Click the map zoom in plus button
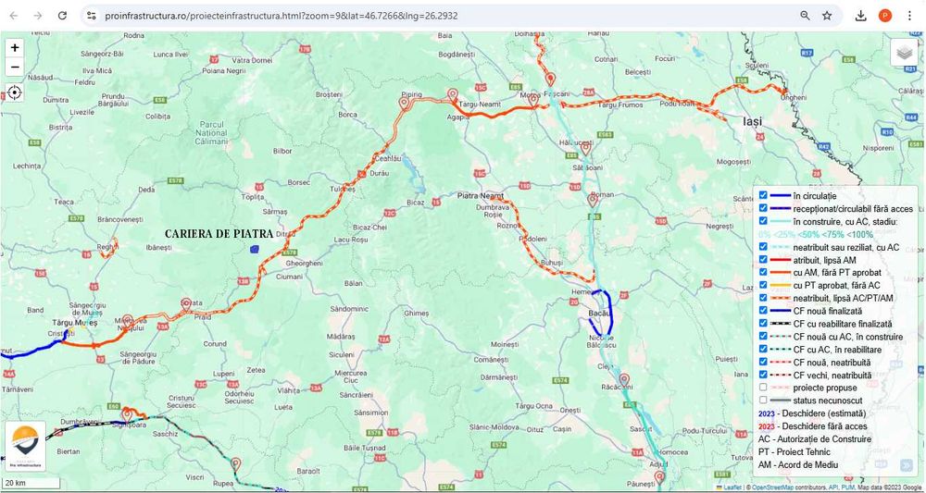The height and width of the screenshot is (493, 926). click(x=15, y=47)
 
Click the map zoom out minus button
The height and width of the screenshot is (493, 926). click(x=15, y=67)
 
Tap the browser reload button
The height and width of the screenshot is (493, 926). click(x=62, y=16)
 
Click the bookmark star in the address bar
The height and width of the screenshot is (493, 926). click(x=827, y=16)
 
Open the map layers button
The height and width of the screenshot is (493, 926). click(x=904, y=53)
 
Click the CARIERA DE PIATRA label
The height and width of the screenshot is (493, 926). click(x=219, y=234)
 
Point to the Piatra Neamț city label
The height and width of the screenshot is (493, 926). click(x=481, y=196)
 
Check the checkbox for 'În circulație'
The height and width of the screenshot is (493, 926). click(x=763, y=195)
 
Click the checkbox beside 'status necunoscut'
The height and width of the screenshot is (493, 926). click(x=763, y=401)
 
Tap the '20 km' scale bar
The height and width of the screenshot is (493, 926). click(x=31, y=483)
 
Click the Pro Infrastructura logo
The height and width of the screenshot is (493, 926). click(x=25, y=446)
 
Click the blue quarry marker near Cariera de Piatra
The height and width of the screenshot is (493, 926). click(x=254, y=248)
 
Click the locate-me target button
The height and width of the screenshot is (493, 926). click(x=15, y=92)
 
